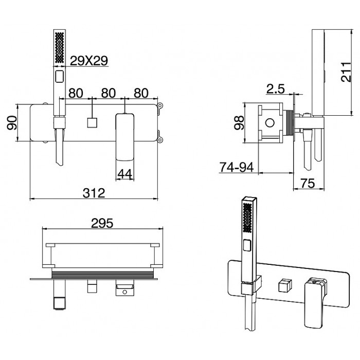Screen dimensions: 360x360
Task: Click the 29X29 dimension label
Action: (88, 61)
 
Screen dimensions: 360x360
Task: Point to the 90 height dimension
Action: (12, 122)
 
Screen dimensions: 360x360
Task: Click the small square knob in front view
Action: (93, 123)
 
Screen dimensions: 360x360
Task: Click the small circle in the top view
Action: (123, 294)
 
